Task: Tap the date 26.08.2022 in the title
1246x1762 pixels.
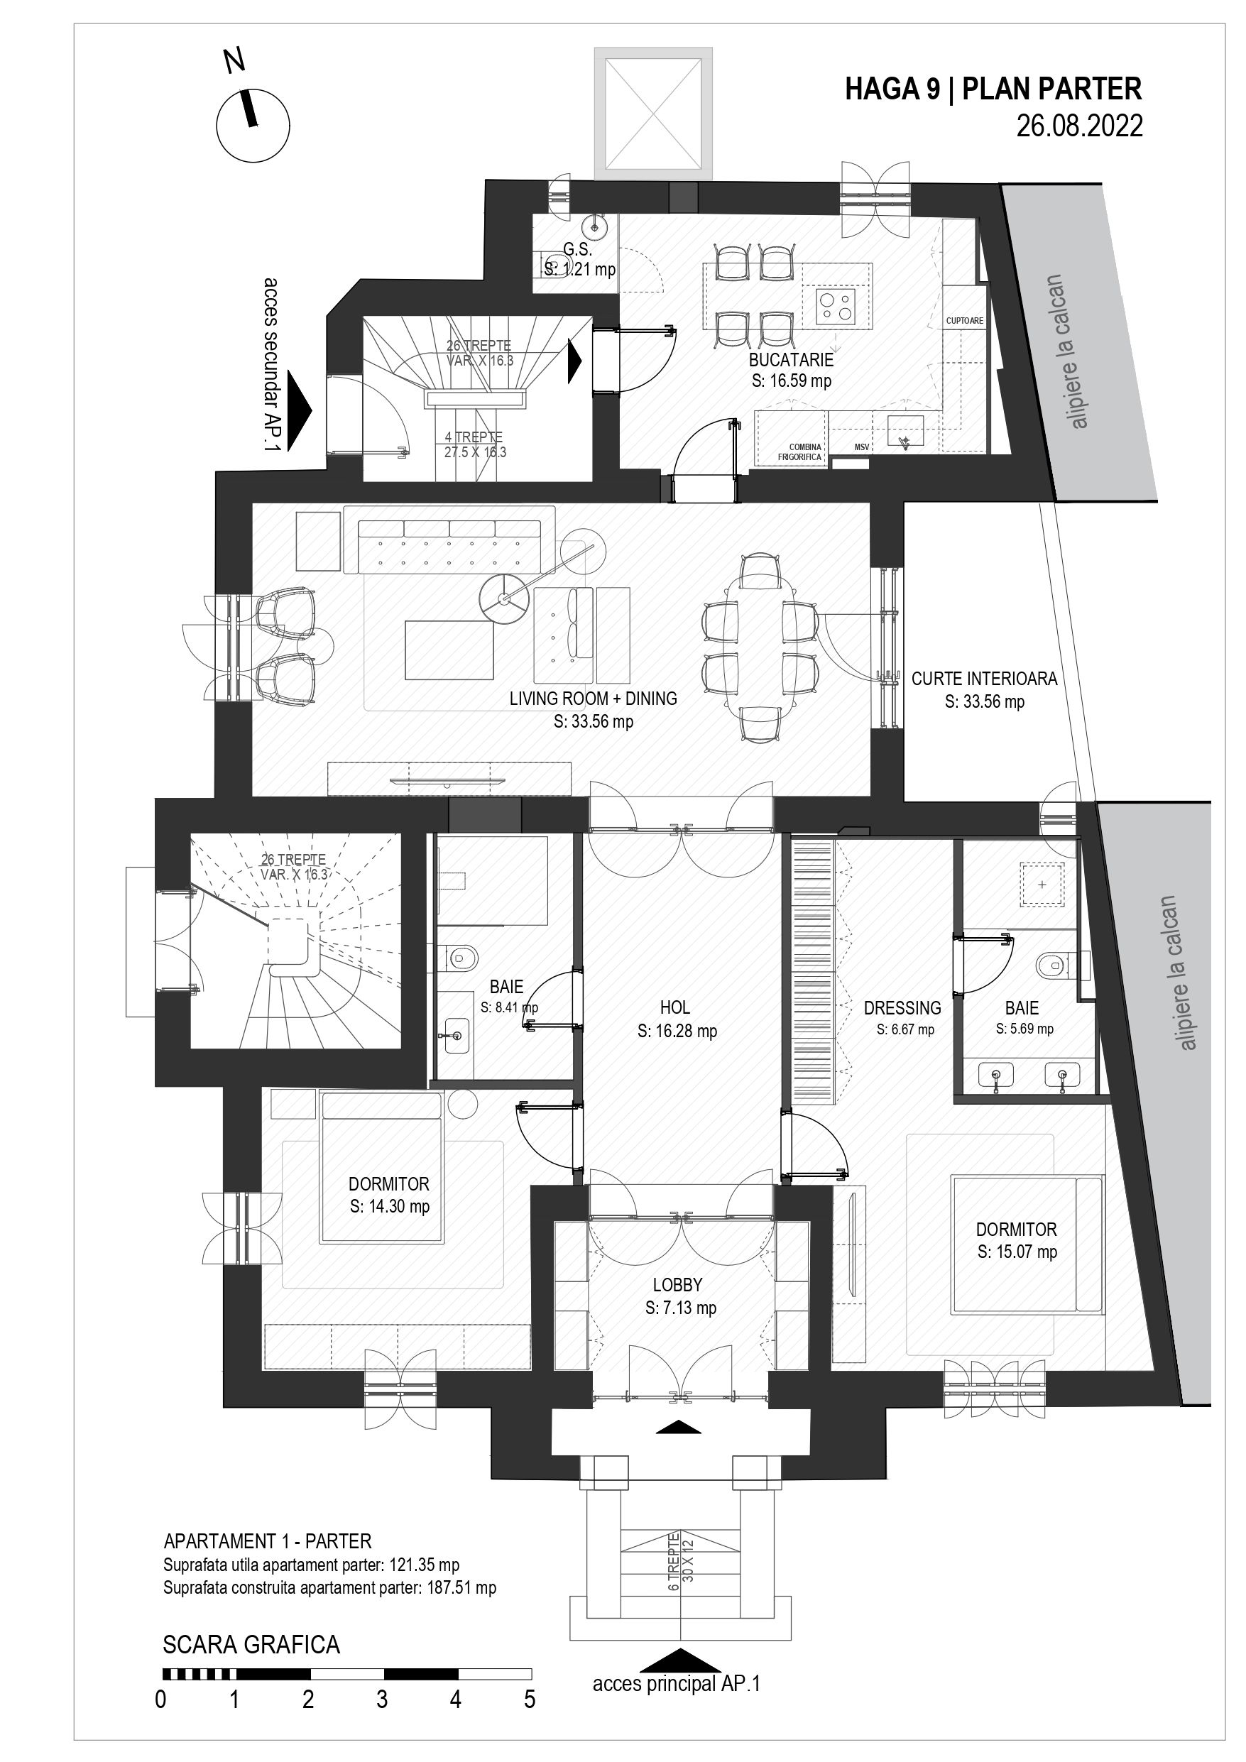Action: [1079, 125]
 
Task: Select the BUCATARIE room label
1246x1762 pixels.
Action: [791, 359]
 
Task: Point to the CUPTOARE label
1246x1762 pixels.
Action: [964, 321]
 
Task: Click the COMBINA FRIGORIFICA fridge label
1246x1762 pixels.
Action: [799, 452]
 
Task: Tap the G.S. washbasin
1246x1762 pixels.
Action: [592, 226]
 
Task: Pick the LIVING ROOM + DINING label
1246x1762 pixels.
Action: [593, 699]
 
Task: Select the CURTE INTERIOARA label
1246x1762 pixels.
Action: [984, 679]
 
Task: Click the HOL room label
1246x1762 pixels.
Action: [674, 1007]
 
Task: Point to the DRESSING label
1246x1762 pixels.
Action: [902, 1007]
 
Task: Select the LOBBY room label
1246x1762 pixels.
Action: [677, 1285]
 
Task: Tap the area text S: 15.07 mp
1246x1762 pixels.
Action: [1017, 1252]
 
